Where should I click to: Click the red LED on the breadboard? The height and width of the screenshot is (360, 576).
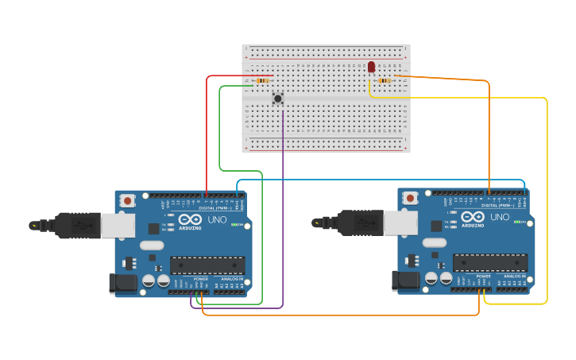point(371,67)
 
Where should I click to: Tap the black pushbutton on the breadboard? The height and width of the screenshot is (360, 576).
point(277,99)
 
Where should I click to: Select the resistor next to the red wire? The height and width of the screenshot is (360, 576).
point(262,80)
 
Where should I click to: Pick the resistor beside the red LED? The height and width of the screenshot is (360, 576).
point(385,80)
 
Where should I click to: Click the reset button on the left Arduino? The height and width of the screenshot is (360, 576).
point(127,201)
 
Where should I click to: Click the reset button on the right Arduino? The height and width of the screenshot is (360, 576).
point(409,198)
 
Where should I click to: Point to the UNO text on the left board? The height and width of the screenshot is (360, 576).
point(217,219)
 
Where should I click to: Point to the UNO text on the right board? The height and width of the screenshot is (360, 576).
point(500,217)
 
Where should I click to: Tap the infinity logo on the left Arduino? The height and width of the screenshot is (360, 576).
point(191,219)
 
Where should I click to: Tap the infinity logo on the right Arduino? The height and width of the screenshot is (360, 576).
point(473,217)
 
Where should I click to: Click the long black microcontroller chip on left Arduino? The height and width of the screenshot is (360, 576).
point(207,265)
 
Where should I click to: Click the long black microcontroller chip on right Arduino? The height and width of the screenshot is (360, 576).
point(489,262)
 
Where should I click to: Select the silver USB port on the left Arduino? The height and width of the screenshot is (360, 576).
point(117,225)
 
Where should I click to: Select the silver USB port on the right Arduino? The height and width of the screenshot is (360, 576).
point(400,223)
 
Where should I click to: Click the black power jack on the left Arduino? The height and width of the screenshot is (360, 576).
point(121,282)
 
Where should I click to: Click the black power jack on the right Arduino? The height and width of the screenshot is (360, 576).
point(404,280)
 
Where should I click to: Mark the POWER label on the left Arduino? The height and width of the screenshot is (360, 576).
point(201,279)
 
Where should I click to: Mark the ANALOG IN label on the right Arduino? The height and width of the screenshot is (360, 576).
point(514,277)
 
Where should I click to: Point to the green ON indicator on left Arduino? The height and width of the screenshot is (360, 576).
point(235,225)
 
